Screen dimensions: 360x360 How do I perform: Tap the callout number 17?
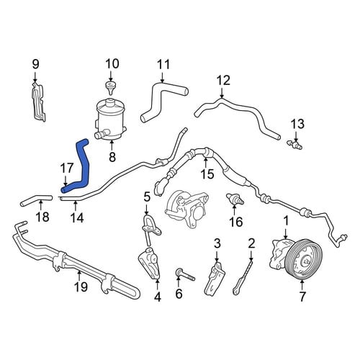point(66,168)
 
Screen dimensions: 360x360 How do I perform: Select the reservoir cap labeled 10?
point(110,88)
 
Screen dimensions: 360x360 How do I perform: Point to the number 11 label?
point(163,65)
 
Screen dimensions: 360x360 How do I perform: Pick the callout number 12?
point(223,81)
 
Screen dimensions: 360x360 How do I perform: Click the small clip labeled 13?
point(294,145)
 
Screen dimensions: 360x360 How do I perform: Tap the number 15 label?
point(207,174)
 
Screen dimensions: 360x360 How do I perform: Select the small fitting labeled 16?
point(235,199)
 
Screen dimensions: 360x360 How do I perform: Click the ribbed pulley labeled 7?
point(305,260)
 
